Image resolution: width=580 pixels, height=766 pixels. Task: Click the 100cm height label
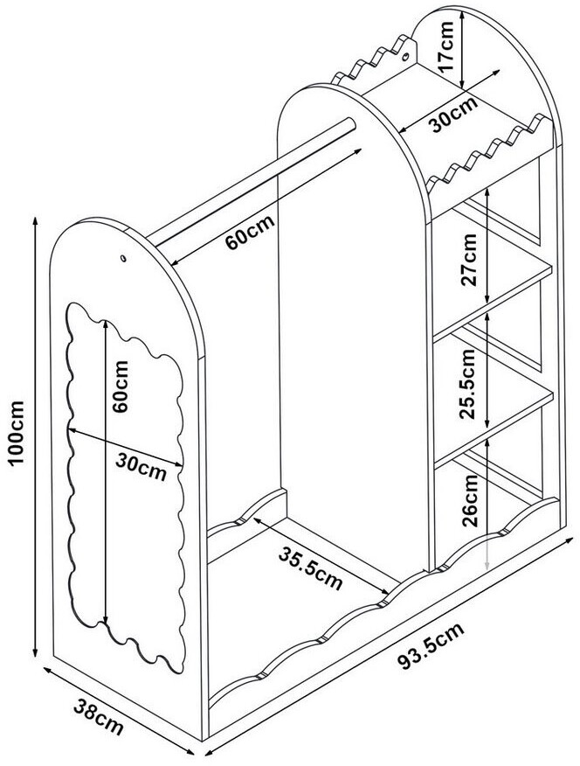click(17, 434)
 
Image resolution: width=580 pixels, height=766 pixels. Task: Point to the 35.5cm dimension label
click(311, 568)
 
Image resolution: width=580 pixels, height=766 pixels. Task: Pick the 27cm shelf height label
click(469, 261)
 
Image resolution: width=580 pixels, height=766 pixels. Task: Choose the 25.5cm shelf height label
click(468, 384)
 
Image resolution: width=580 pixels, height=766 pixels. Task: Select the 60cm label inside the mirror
click(120, 386)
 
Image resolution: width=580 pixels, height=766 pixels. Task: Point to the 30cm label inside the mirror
click(141, 466)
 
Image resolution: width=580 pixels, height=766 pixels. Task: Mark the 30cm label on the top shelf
click(454, 115)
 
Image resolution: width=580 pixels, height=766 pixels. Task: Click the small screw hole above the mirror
click(123, 257)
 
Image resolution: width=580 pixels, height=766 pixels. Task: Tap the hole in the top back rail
click(405, 57)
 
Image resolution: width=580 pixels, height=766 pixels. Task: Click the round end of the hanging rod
click(349, 125)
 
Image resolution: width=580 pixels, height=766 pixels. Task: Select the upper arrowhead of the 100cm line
click(35, 221)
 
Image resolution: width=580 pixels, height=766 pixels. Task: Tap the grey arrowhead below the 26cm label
click(487, 563)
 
